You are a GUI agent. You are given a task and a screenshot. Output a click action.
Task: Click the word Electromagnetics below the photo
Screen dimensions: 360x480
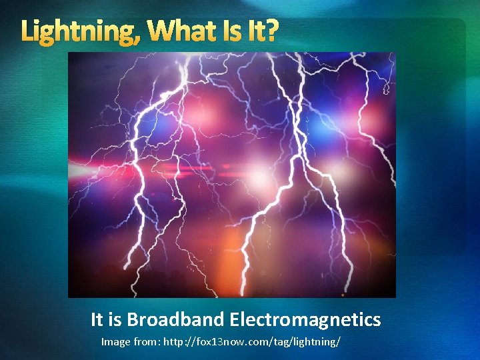point(305,320)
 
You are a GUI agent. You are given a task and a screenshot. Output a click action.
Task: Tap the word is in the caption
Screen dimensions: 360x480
point(116,320)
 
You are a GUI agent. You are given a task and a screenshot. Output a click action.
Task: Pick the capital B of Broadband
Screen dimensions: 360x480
point(133,320)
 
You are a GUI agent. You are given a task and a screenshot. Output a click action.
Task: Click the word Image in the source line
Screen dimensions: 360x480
point(115,342)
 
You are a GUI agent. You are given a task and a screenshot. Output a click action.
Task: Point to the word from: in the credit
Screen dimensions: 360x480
point(147,342)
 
